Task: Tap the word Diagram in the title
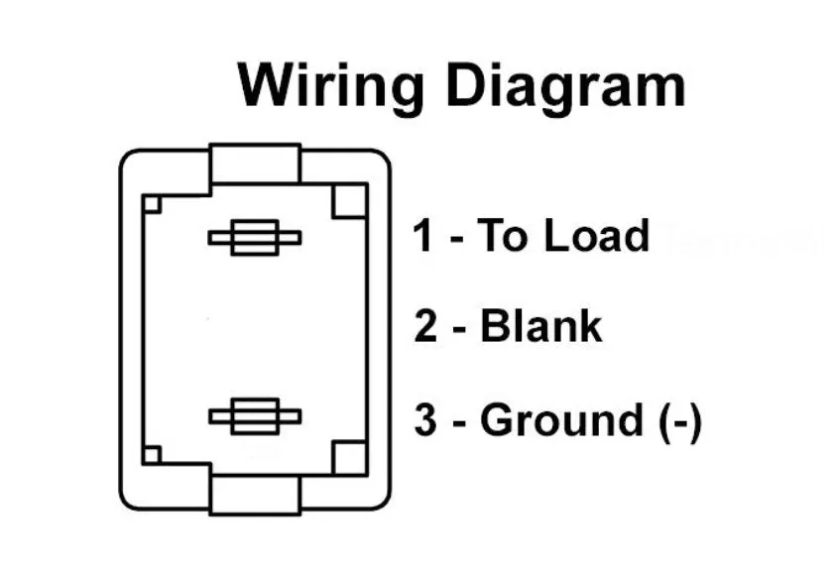point(563,86)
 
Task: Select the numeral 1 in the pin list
point(423,236)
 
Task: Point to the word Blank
point(540,326)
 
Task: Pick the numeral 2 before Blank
point(425,326)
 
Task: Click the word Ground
point(561,421)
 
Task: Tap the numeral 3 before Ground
point(425,421)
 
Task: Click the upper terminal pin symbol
point(254,238)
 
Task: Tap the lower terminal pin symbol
point(254,416)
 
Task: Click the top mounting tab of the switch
point(255,165)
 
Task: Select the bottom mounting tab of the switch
point(255,493)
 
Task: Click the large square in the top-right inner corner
point(349,201)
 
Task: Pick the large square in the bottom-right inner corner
point(349,458)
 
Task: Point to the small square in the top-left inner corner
point(152,204)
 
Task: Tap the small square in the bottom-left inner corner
point(152,455)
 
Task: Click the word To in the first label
point(499,236)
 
